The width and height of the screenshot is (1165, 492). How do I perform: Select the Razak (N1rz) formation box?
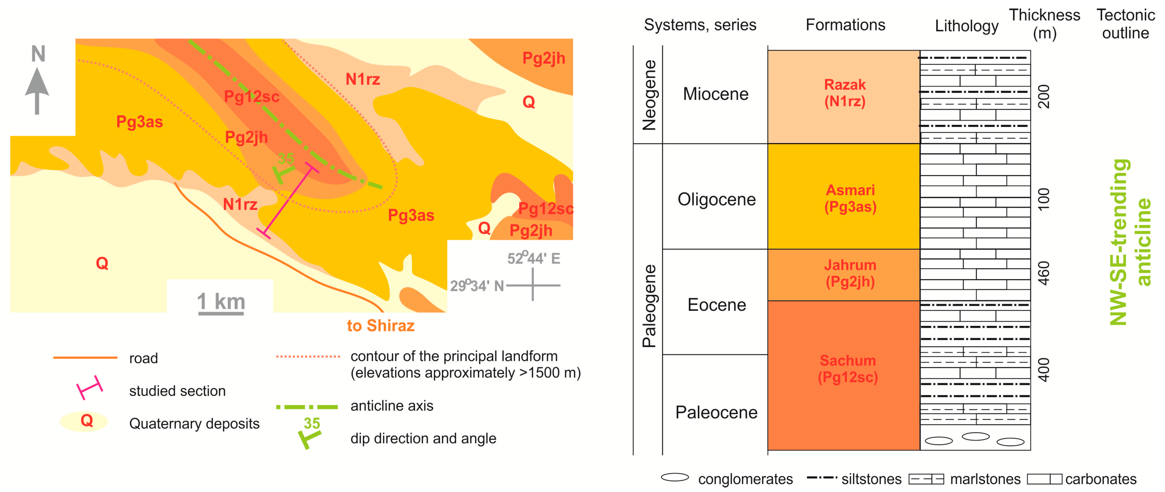point(844,96)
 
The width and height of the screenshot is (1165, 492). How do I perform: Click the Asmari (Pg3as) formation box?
point(844,197)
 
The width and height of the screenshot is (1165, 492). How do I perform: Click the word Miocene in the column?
point(716,94)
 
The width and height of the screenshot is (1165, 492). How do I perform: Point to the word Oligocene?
point(716,199)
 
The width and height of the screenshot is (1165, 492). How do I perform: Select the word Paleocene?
point(716,412)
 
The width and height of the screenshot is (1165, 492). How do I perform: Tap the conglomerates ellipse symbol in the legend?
point(675,477)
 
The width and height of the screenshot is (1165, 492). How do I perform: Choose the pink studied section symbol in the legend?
point(90,388)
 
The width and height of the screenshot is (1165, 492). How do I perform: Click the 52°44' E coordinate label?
point(534,258)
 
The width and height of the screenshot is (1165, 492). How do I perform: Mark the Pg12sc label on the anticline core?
point(251,96)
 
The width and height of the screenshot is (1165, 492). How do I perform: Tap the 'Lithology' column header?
point(966,26)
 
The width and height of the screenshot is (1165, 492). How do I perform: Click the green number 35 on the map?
point(286,159)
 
